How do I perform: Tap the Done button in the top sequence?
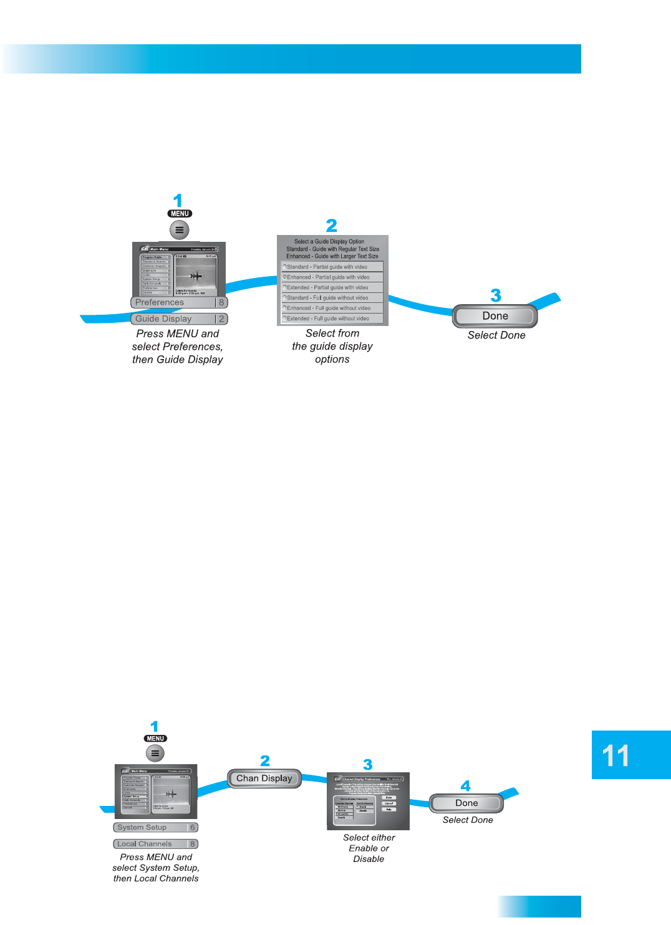[x=495, y=316]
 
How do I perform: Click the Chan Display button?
[x=264, y=779]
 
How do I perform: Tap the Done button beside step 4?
[x=466, y=803]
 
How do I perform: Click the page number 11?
[x=616, y=755]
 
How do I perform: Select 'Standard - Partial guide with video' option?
[x=332, y=267]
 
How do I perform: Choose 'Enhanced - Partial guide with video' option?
[x=332, y=277]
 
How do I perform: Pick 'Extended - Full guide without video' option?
[x=332, y=319]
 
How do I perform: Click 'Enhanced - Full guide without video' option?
[x=332, y=308]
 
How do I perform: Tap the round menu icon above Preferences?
[x=179, y=230]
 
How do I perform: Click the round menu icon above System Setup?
[x=155, y=753]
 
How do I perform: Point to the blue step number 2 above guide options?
[x=332, y=225]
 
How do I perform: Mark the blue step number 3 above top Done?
[x=496, y=295]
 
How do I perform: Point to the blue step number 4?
[x=465, y=785]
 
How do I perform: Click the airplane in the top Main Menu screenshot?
[x=196, y=275]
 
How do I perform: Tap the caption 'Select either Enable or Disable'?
[x=369, y=848]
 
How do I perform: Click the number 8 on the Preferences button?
[x=221, y=302]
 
